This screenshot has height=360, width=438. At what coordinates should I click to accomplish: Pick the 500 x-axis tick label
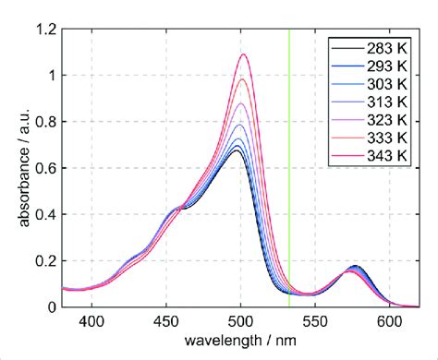click(241, 321)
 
